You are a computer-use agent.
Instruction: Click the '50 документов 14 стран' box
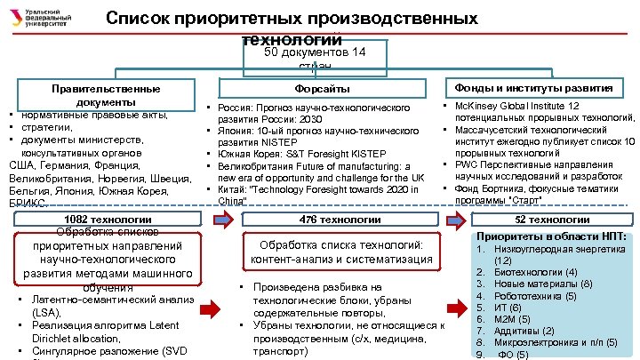click(316, 55)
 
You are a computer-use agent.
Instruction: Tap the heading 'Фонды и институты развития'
click(533, 88)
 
